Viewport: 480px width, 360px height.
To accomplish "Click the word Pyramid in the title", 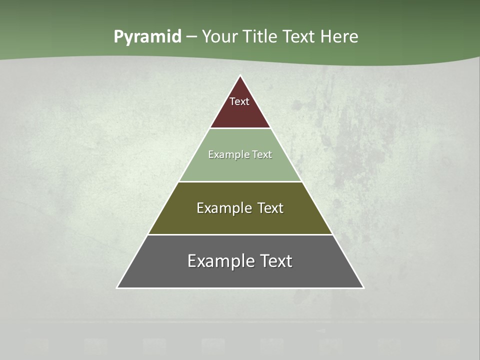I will coord(147,37).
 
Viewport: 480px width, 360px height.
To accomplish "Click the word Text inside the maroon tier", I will coord(239,101).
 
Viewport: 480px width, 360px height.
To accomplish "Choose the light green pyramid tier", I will coord(240,167).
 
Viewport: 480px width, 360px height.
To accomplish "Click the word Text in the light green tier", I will coord(262,154).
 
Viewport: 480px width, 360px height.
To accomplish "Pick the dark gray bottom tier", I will coord(240,275).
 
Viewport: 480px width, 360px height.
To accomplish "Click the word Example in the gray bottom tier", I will coord(220,261).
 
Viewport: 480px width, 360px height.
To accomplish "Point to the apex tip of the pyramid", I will coord(240,76).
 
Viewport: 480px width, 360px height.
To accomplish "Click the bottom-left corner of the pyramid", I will coord(117,287).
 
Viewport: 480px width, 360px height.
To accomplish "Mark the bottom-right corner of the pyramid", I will coord(363,287).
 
